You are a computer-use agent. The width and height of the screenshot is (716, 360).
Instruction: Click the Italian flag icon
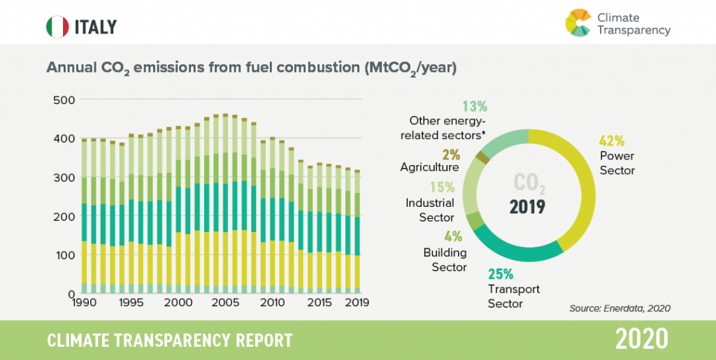pos(57,27)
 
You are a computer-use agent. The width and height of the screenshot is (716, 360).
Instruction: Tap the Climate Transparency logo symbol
pos(578,22)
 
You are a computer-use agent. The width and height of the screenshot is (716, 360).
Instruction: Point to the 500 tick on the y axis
pos(64,100)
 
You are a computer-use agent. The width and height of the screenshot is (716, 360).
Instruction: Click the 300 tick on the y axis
pos(64,178)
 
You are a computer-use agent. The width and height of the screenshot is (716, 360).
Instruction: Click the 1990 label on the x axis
pos(83,303)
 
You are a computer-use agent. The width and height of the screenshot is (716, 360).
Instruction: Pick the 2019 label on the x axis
pos(357,303)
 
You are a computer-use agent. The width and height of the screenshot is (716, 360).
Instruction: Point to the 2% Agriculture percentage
pos(452,152)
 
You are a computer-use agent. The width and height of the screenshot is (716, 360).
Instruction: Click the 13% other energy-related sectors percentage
pos(475,106)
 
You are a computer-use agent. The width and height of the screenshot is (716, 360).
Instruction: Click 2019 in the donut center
pos(529,208)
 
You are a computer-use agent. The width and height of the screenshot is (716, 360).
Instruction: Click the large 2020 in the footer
pos(642,340)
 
